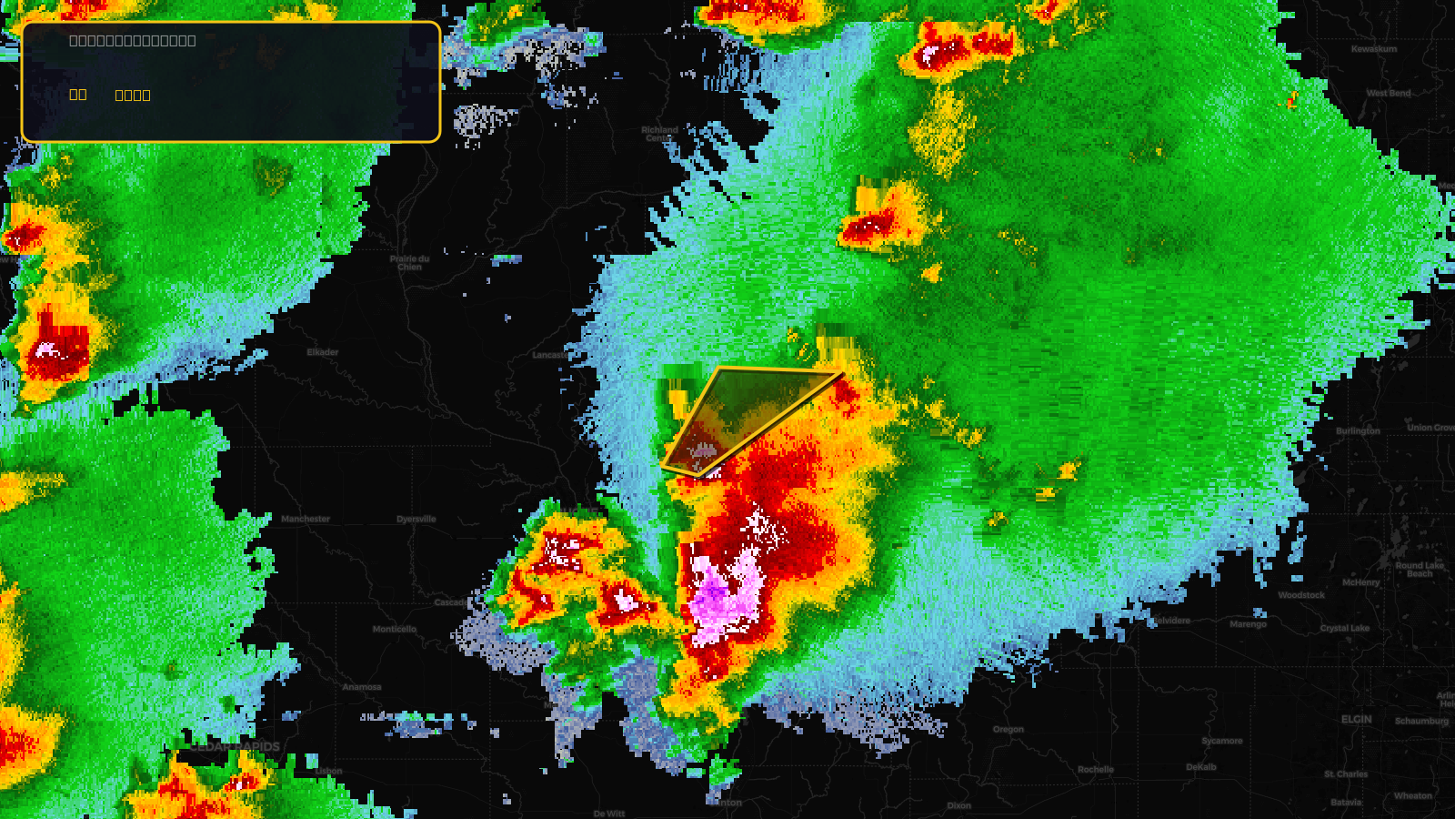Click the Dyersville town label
pos(416,520)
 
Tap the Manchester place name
pos(306,520)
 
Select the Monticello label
pos(395,630)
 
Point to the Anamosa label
pos(362,688)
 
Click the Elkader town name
pos(323,352)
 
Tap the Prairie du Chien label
pos(410,263)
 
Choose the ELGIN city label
pos(1357,720)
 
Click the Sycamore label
pos(1222,741)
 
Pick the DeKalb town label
pos(1201,767)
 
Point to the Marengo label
pos(1249,624)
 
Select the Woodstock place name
pos(1301,595)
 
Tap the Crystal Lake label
pos(1345,629)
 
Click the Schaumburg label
pos(1421,722)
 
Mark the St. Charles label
pos(1346,774)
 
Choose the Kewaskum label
pos(1374,49)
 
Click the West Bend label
pos(1389,93)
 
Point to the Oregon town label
pos(1008,730)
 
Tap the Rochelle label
pos(1096,770)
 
